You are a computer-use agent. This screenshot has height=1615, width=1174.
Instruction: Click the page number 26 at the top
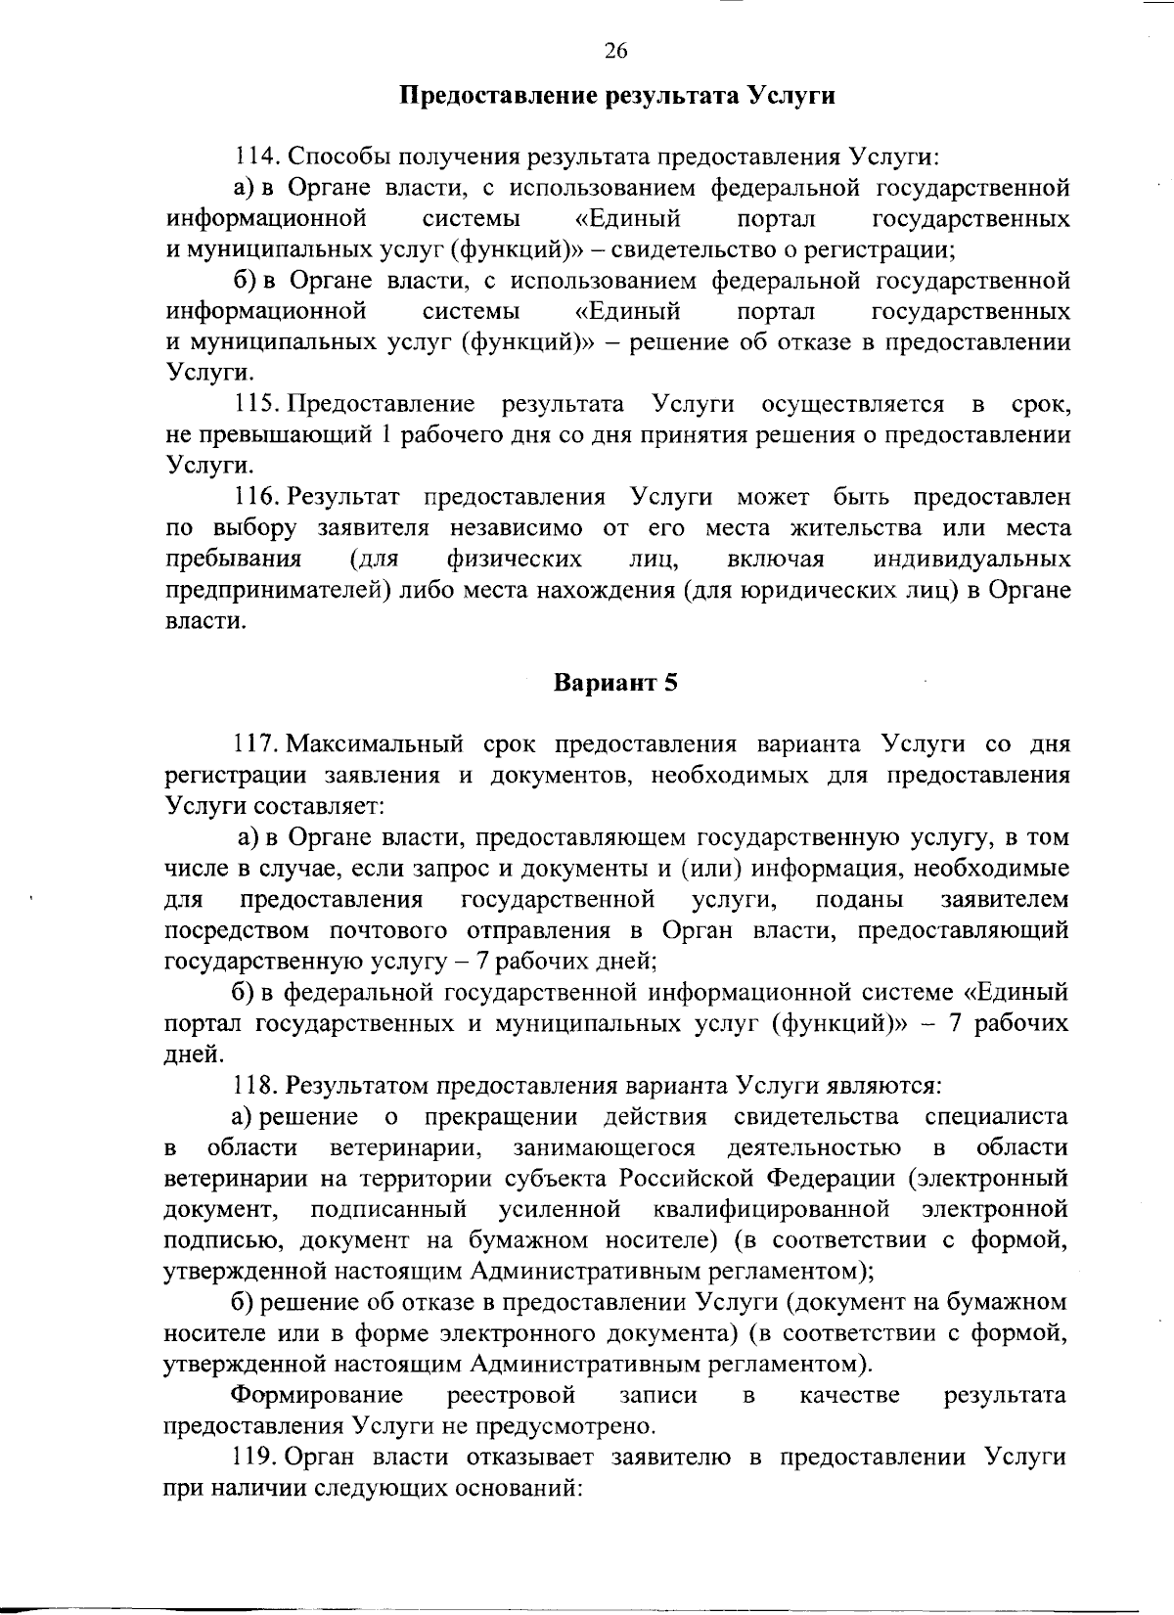[615, 52]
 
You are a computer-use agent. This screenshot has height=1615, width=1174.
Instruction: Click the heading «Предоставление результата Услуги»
[617, 97]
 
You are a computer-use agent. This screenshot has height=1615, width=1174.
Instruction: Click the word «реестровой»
[511, 1394]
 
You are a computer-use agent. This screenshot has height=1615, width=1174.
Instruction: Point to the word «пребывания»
[233, 560]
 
